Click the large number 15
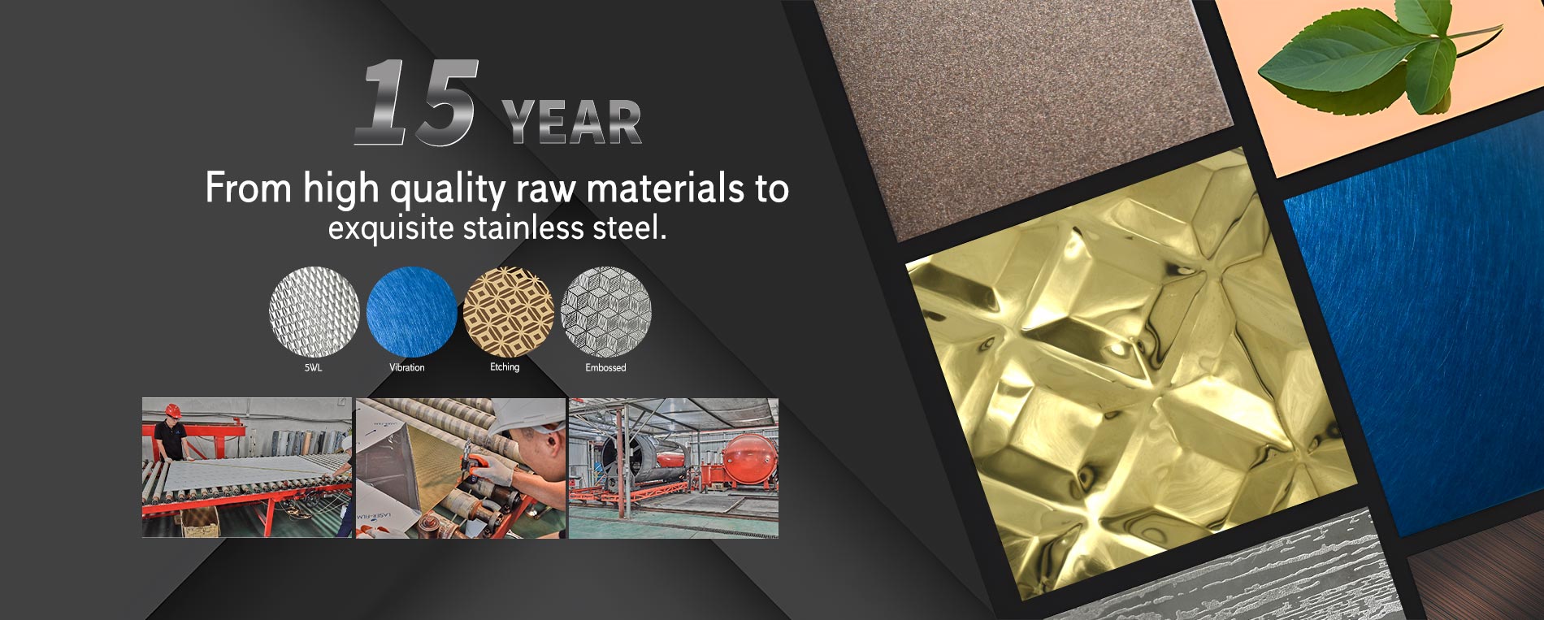416,104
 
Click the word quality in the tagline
447,189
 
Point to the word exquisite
391,228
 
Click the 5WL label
313,368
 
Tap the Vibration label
406,368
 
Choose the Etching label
505,367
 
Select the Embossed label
605,368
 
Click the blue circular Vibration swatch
410,311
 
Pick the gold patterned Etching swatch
508,311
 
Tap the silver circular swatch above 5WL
314,311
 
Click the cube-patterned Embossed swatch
606,311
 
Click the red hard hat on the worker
173,410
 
